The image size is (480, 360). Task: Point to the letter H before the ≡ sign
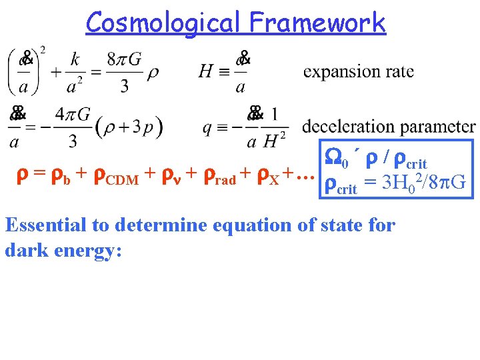click(x=206, y=71)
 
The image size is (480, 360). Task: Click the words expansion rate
click(x=359, y=71)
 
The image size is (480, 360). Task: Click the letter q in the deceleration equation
click(x=208, y=127)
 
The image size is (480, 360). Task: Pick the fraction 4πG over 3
click(x=73, y=127)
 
